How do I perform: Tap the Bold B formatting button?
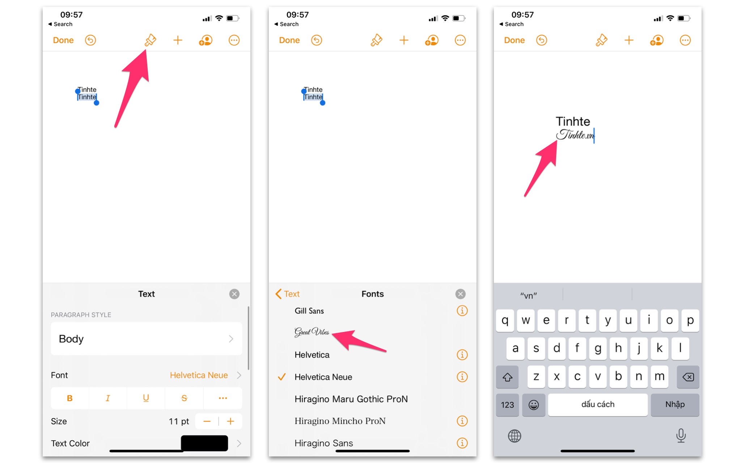coord(70,398)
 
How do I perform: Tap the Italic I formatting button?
coord(108,398)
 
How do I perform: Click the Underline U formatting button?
coord(146,398)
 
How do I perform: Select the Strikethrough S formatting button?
coord(184,398)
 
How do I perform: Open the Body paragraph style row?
coord(146,339)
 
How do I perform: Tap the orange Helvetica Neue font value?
coord(199,375)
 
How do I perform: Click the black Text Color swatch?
coord(204,443)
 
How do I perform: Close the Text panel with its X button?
coord(234,294)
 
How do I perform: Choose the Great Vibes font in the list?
coord(312,332)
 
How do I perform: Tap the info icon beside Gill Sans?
coord(462,311)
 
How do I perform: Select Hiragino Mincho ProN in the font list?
coord(340,421)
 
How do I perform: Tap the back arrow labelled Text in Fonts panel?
coord(288,294)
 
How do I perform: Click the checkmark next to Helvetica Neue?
coord(281,377)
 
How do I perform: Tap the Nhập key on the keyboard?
coord(675,404)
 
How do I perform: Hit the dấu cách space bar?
coord(598,404)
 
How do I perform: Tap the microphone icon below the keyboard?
coord(681,436)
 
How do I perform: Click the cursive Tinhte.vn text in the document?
coord(575,135)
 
